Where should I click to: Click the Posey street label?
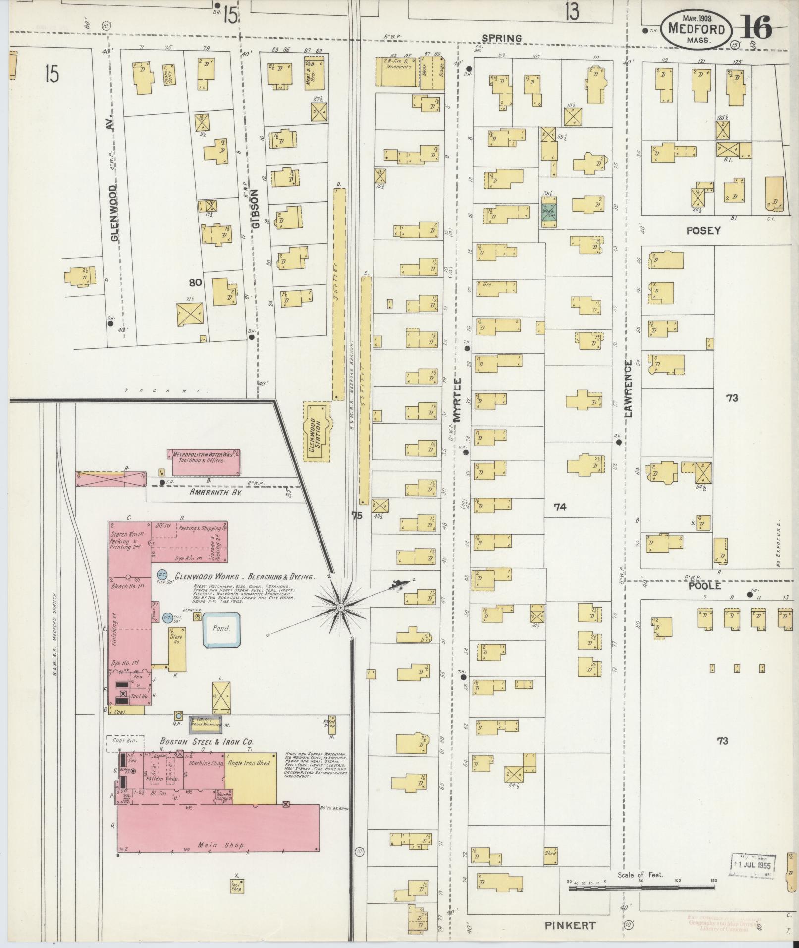pos(703,230)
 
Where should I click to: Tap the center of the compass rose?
pos(341,607)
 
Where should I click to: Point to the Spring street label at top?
pos(502,38)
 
